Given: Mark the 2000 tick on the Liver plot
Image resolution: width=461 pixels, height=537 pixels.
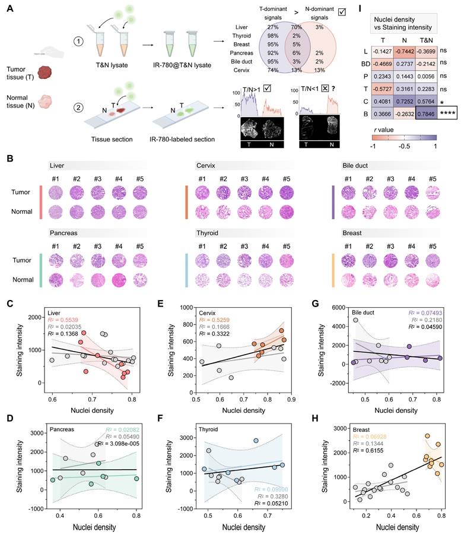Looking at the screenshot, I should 44,317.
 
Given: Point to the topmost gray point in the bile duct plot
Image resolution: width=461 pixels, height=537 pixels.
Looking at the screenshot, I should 355,320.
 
